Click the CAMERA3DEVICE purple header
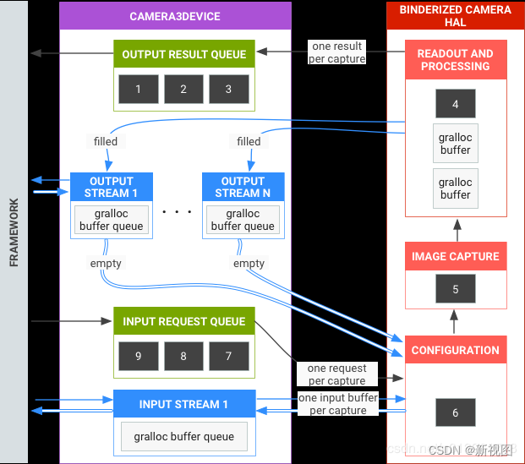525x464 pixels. [175, 16]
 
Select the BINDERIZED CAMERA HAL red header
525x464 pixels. [455, 16]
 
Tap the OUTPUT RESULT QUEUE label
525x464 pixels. [183, 55]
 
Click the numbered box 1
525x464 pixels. [139, 89]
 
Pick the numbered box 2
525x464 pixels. [183, 89]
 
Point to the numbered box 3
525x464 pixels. [228, 89]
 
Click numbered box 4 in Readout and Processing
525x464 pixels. [455, 104]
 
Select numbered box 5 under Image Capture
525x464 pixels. [455, 289]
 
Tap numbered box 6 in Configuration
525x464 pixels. [455, 412]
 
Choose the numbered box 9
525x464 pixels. [139, 356]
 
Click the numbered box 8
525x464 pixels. [183, 356]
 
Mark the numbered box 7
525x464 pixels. [228, 356]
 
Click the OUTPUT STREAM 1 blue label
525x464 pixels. [112, 187]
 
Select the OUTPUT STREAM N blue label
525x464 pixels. [243, 187]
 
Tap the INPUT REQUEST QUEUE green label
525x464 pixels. [183, 321]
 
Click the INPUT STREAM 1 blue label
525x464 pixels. [183, 404]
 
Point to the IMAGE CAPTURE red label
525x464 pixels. [455, 256]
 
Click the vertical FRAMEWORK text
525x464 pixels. [14, 232]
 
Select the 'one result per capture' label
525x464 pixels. [336, 52]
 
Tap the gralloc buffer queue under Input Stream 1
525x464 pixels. [183, 436]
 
